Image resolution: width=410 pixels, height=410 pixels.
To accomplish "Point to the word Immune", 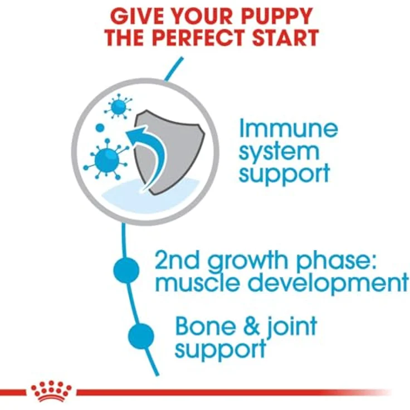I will click(x=288, y=129).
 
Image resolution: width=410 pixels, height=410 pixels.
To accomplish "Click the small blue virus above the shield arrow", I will click(x=119, y=105).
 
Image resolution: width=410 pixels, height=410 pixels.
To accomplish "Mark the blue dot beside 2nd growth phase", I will click(x=126, y=271).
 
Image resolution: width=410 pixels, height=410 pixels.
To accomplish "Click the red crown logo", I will click(x=52, y=391).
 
